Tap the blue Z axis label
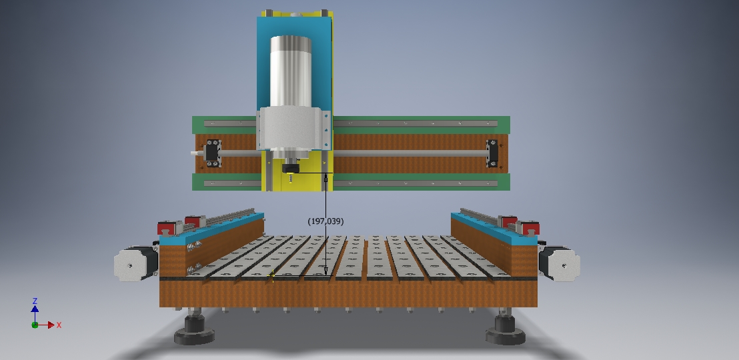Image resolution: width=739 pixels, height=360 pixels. click(35, 301)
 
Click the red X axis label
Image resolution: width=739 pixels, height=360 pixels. click(59, 325)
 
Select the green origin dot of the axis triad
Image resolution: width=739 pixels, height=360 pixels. click(35, 325)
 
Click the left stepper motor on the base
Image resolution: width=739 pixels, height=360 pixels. click(136, 263)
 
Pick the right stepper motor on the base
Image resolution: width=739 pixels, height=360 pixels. click(560, 263)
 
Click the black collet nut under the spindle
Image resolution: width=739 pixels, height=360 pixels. click(290, 169)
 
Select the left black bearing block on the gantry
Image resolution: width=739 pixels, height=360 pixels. click(213, 153)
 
